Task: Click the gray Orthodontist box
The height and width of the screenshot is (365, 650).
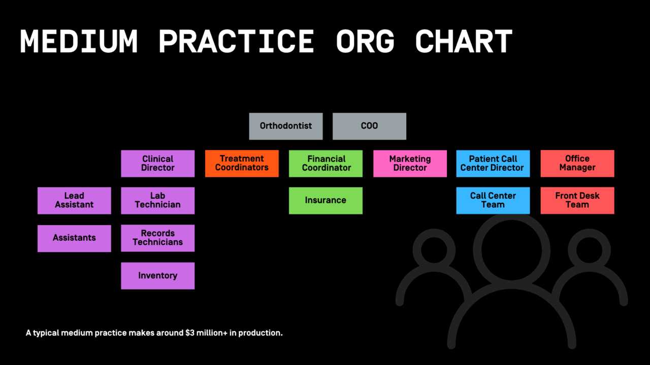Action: (285, 126)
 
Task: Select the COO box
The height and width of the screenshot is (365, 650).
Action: (369, 126)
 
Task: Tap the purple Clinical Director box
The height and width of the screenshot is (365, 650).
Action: (157, 163)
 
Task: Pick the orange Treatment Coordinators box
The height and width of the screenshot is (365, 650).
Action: (242, 163)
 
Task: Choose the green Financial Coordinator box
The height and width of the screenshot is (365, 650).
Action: (326, 163)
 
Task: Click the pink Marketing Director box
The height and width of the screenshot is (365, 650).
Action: (410, 163)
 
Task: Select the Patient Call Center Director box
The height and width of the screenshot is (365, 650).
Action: (493, 163)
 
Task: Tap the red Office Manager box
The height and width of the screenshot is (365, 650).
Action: (577, 163)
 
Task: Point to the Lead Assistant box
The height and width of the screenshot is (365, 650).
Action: (74, 200)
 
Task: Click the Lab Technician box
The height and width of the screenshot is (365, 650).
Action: (157, 200)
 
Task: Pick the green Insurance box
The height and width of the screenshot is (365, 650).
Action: (326, 200)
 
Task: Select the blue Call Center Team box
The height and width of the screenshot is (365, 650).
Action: (493, 200)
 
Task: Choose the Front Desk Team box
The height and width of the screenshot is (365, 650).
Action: (577, 200)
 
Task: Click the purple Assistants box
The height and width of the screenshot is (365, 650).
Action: (74, 238)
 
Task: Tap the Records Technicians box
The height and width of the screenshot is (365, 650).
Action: (157, 238)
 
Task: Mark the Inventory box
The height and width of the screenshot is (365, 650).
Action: (157, 276)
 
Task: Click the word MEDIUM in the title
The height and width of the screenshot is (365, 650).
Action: (79, 42)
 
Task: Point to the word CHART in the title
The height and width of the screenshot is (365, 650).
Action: (463, 42)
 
